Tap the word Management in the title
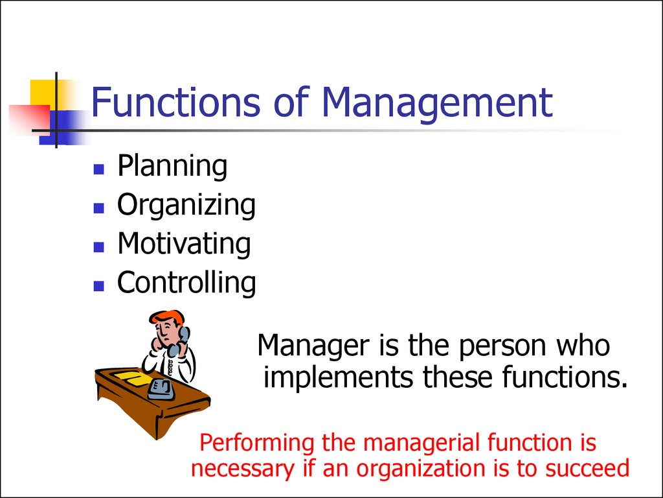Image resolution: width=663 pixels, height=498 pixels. [x=437, y=104]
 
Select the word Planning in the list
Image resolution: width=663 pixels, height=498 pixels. [x=172, y=166]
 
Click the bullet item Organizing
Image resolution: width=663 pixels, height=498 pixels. [x=186, y=205]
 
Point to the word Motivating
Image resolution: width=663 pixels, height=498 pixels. [x=184, y=244]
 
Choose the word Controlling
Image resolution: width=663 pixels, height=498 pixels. [x=186, y=283]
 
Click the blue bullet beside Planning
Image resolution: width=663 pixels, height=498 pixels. [x=98, y=169]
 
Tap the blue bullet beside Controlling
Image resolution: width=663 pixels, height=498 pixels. [x=98, y=286]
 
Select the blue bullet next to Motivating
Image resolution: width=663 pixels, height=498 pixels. [x=98, y=247]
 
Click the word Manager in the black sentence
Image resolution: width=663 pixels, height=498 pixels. [x=313, y=346]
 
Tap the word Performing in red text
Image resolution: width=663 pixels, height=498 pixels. [x=256, y=444]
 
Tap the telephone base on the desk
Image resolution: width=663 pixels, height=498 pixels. [x=161, y=390]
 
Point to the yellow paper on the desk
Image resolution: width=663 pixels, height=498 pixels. [x=132, y=378]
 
